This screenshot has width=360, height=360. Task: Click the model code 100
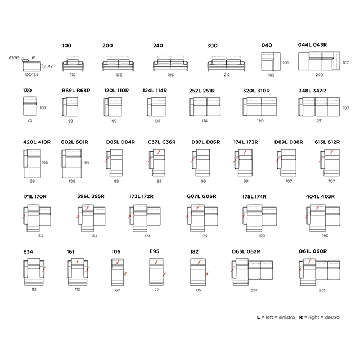click(x=66, y=46)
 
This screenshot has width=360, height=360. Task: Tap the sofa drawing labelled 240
click(x=170, y=64)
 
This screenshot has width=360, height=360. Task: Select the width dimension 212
click(x=227, y=75)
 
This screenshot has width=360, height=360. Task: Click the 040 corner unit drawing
click(x=271, y=61)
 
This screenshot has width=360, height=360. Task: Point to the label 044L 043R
click(x=312, y=45)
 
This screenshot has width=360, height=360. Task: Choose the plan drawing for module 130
click(x=30, y=106)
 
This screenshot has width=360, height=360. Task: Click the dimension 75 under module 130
click(x=30, y=120)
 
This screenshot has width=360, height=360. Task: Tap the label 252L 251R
click(x=202, y=91)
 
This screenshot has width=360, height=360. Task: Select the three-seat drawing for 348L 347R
click(x=319, y=107)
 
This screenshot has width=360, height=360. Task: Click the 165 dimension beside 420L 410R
click(x=45, y=162)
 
